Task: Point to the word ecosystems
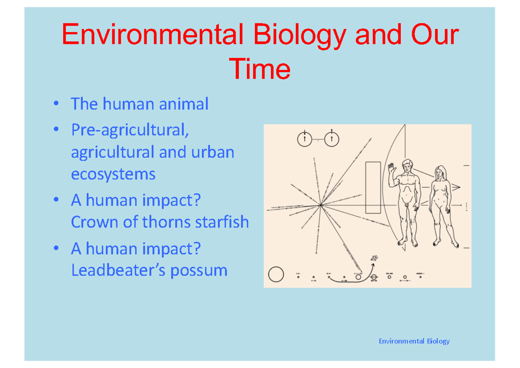pyautogui.click(x=113, y=174)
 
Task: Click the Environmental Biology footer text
pyautogui.click(x=414, y=341)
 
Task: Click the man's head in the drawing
pyautogui.click(x=407, y=166)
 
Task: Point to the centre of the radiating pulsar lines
pyautogui.click(x=321, y=205)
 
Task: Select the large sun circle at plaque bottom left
pyautogui.click(x=276, y=274)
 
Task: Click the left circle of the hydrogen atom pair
pyautogui.click(x=305, y=139)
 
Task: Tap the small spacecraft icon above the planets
pyautogui.click(x=374, y=259)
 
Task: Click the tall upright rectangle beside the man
pyautogui.click(x=373, y=187)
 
